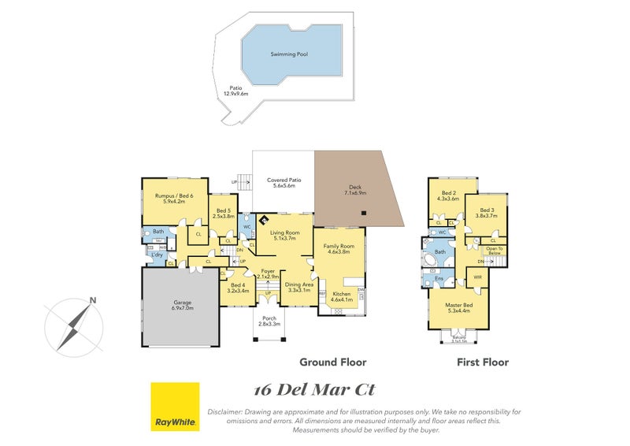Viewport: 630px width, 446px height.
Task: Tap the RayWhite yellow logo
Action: coord(175,407)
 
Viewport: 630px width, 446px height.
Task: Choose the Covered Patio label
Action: coord(284,183)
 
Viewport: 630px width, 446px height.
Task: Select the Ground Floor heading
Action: coord(332,362)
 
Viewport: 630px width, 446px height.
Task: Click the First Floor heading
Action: coord(483,362)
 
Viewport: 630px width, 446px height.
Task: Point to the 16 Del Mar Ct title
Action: coord(313,390)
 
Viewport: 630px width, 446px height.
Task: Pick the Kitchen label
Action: coord(341,297)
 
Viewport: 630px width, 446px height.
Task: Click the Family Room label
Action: coord(339,250)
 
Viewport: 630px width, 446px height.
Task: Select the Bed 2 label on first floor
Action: coord(448,195)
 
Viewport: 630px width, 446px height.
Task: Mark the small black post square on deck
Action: coord(363,214)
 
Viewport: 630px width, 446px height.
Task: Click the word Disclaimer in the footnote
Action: coord(224,412)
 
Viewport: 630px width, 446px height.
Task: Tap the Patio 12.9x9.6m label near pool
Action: coord(235,91)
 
